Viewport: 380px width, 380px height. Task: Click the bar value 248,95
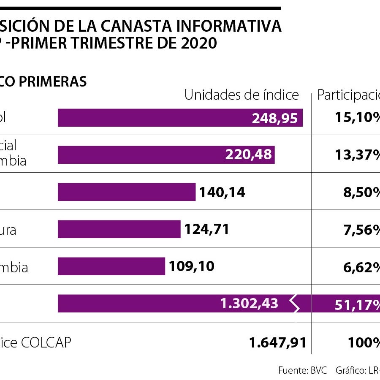coord(274,119)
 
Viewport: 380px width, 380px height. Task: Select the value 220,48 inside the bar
coord(248,155)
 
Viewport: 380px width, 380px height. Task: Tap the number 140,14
coord(222,193)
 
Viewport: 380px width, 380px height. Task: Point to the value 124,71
coord(207,230)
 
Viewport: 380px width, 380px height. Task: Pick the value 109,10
coord(191,266)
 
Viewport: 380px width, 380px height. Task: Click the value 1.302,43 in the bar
coord(249,303)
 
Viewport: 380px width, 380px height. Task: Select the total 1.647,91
coord(277,342)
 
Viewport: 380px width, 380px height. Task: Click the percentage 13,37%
coord(357,155)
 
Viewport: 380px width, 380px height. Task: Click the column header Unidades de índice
coord(242,95)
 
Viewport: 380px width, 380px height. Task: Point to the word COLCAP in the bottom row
coord(46,342)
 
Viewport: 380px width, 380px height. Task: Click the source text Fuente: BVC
coord(302,370)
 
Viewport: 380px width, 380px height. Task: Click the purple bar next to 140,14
coord(127,192)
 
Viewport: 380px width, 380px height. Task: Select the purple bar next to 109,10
coord(111,266)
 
